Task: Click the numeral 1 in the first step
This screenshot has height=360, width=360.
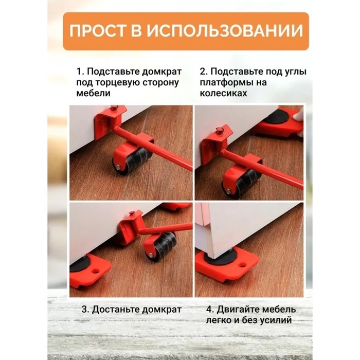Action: point(79,70)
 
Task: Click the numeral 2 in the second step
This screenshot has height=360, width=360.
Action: point(202,70)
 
